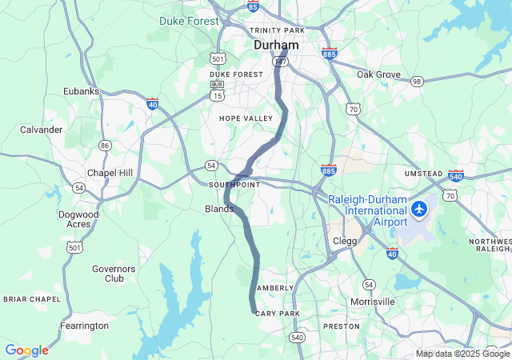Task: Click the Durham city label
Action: (276, 46)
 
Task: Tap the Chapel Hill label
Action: (110, 173)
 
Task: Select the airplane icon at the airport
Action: (419, 209)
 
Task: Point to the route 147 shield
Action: (280, 61)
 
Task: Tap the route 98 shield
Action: (417, 82)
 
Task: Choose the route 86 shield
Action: (105, 145)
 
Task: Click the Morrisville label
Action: (373, 302)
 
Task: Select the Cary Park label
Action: (277, 314)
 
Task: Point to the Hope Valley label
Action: (246, 118)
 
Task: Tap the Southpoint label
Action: (234, 184)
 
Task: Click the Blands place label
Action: (219, 209)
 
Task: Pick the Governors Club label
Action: (114, 274)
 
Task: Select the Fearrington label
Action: (84, 326)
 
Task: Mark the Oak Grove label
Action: (378, 74)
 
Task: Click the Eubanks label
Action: (82, 91)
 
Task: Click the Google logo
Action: (26, 350)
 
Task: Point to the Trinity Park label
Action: (277, 30)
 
